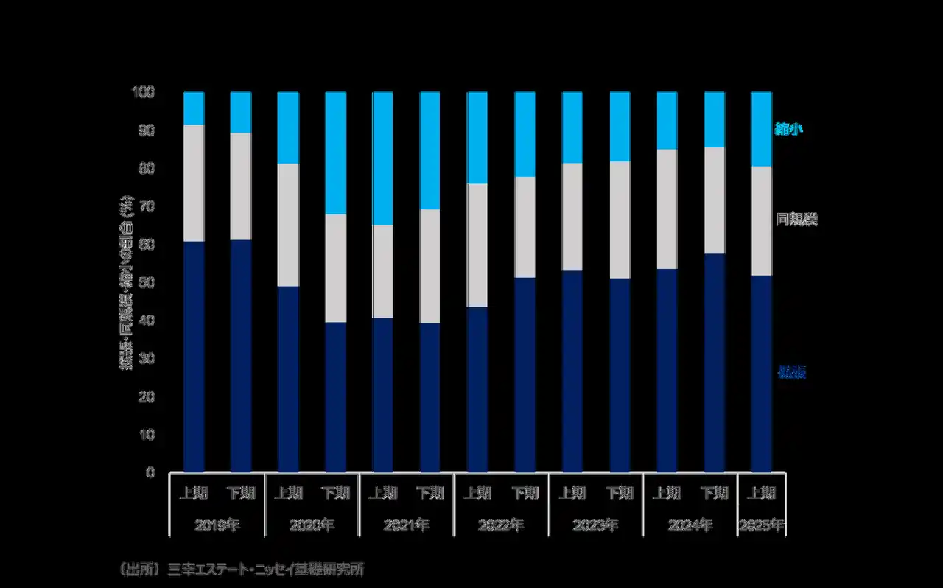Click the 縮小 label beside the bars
788,129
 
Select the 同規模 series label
796,220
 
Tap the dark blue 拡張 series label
791,373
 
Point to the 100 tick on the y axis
144,92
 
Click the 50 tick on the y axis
147,283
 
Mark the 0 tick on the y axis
150,472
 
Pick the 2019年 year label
217,526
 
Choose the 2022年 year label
501,526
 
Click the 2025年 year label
761,526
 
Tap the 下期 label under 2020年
336,492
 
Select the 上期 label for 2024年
667,492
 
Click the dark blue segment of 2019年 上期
194,357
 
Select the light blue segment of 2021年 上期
383,158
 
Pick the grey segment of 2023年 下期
620,220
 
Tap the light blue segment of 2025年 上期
761,129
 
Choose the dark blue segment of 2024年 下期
715,363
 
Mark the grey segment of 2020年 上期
288,225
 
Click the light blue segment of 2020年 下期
336,153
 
